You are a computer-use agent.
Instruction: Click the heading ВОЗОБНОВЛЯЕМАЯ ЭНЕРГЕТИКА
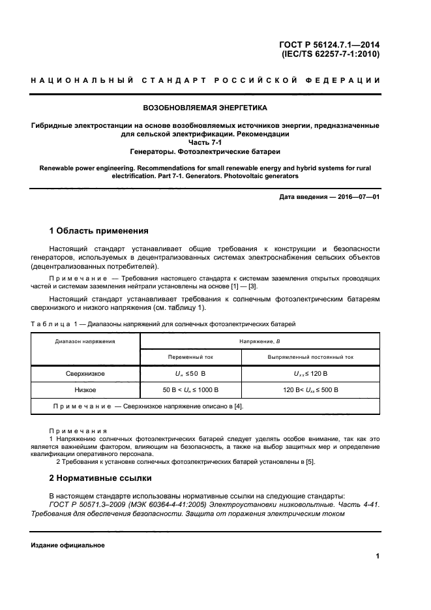point(205,107)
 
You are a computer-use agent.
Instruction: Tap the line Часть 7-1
point(205,142)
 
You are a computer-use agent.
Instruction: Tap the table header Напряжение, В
point(260,341)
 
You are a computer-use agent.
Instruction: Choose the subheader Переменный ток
point(190,357)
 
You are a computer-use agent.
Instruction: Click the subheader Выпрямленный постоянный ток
point(310,357)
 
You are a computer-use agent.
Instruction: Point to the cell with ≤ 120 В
point(310,373)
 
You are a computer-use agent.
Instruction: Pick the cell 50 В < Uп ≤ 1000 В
point(190,389)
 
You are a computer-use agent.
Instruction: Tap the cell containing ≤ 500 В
point(310,389)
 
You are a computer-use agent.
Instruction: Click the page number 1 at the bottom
point(378,557)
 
